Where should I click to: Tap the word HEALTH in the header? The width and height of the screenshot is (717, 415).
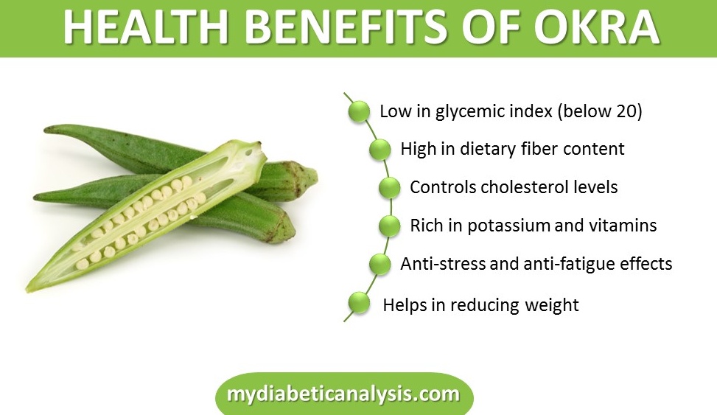point(145,27)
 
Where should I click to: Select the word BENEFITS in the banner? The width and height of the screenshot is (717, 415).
point(346,27)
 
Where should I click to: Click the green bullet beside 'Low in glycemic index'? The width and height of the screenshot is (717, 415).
point(358,111)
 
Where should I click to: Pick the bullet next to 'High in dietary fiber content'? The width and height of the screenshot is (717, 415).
point(380,149)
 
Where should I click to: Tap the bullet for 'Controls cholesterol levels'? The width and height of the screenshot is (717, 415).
point(389,187)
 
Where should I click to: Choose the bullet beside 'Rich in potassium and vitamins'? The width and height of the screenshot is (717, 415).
point(389,226)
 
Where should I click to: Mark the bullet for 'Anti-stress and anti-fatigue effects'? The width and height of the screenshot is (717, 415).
point(380,264)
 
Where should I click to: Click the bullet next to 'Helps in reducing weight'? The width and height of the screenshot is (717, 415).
point(358,302)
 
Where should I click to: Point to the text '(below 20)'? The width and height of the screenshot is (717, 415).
point(600,111)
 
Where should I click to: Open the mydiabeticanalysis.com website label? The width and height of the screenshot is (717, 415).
point(344,394)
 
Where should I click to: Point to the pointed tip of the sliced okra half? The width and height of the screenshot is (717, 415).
point(28,288)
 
